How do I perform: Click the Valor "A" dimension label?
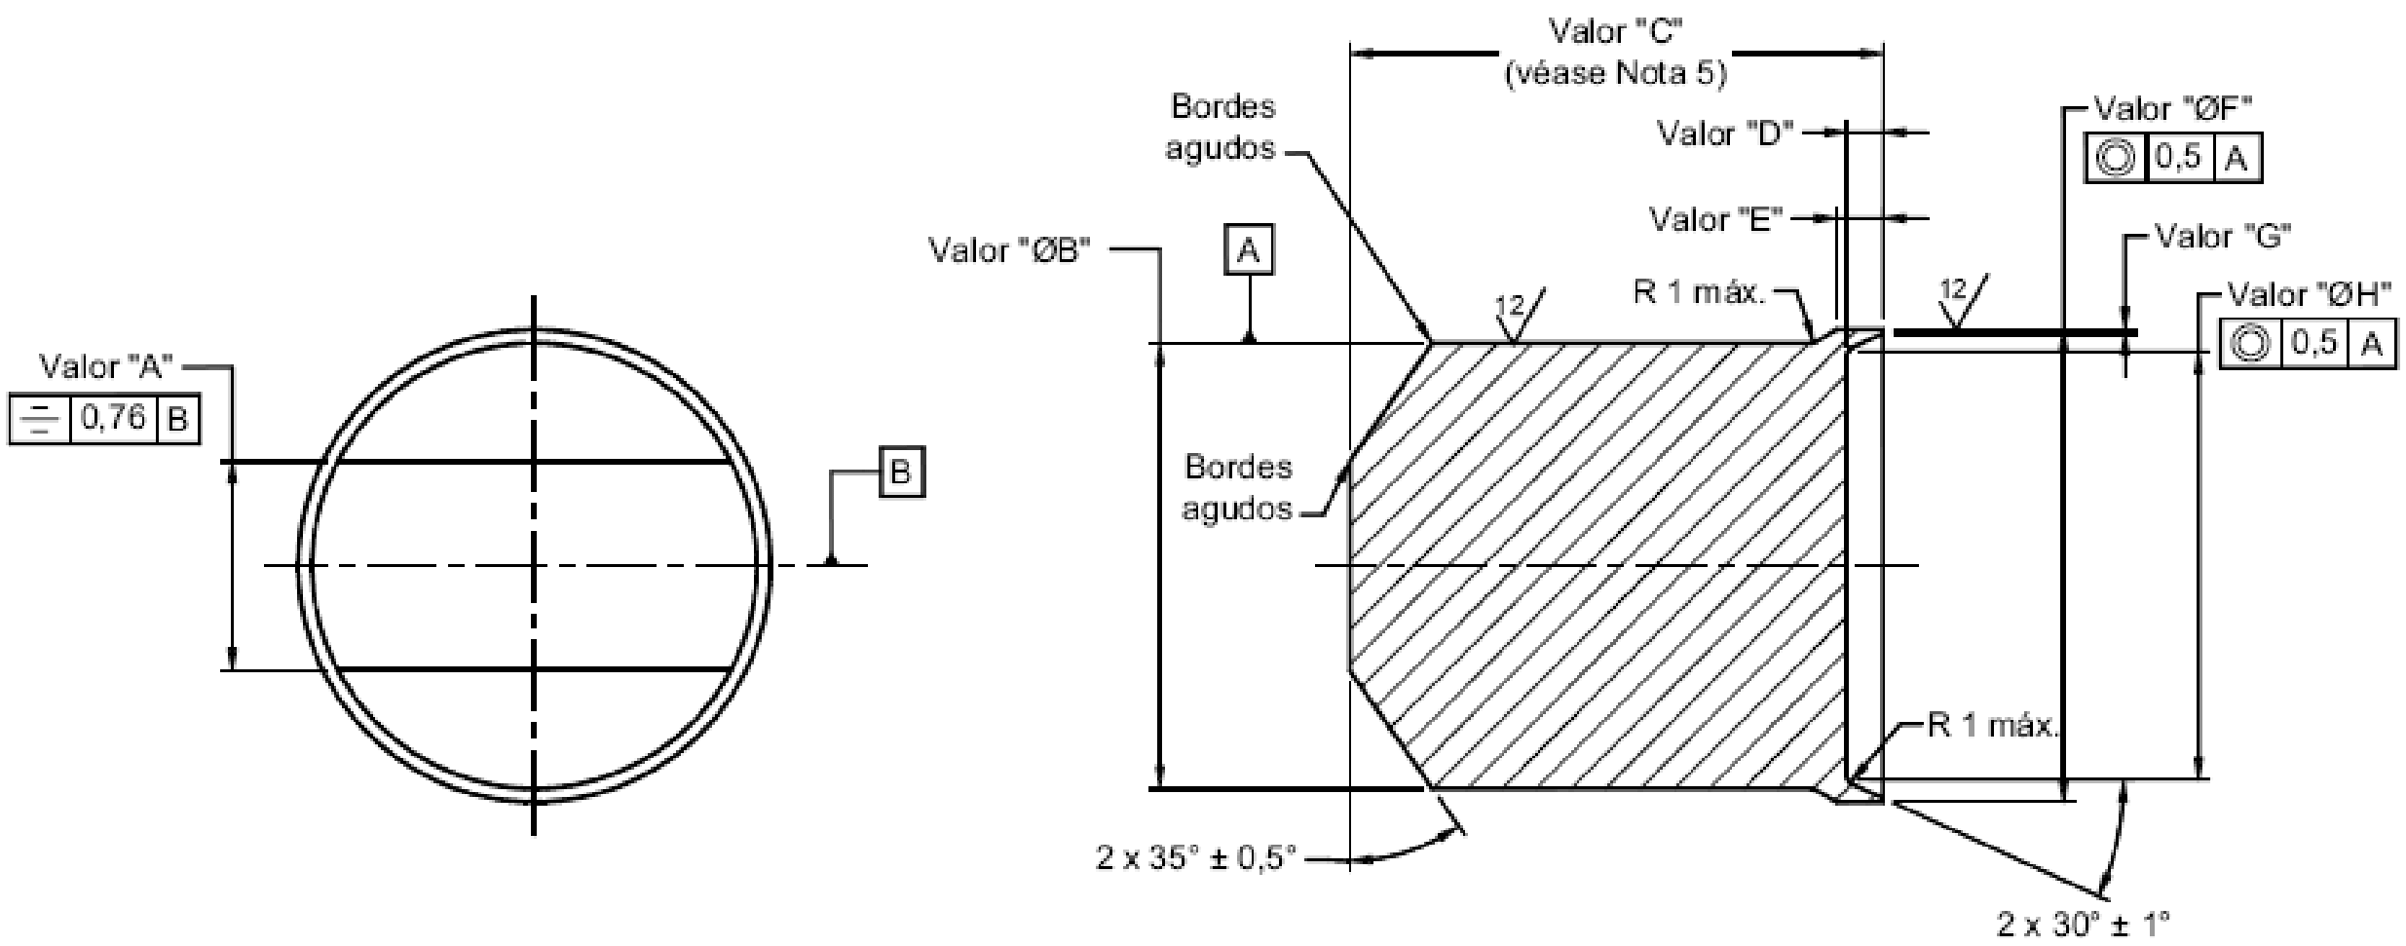(105, 367)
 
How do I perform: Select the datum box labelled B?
(901, 473)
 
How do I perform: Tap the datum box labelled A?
(1248, 252)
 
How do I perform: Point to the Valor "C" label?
(1615, 32)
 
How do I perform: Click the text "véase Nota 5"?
(1615, 74)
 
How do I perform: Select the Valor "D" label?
(1725, 133)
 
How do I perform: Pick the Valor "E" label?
(1715, 220)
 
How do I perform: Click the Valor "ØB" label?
(1009, 250)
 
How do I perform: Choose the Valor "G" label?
(2222, 237)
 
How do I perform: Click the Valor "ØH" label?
(2310, 294)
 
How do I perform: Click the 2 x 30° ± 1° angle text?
(2082, 924)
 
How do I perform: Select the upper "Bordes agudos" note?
(1222, 127)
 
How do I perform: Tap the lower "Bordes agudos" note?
(1237, 487)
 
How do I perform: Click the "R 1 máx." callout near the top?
(1699, 292)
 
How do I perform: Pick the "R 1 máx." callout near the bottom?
(1992, 726)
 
